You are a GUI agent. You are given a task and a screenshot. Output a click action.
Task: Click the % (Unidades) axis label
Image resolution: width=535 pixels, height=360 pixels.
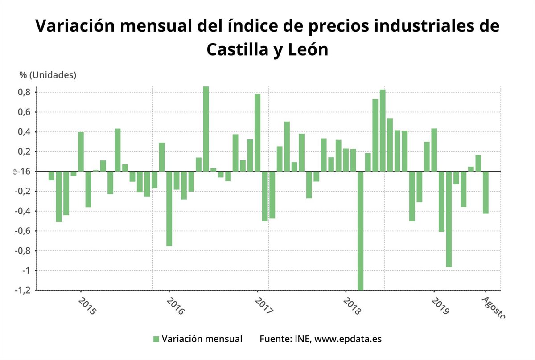point(48,75)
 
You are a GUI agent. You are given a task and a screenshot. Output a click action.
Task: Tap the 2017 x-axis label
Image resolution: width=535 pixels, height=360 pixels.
point(263,307)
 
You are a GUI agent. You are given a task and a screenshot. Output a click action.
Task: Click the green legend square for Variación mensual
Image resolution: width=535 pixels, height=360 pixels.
point(156,339)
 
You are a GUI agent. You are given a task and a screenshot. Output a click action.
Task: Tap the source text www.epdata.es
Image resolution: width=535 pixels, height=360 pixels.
point(348,339)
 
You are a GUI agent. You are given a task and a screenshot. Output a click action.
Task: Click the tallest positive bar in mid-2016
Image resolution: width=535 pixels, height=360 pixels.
point(206,129)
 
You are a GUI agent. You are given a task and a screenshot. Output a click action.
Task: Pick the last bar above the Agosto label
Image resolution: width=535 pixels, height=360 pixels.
point(486,192)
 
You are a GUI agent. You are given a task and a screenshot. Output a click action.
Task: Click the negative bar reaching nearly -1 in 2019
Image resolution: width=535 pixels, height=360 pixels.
point(449,219)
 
